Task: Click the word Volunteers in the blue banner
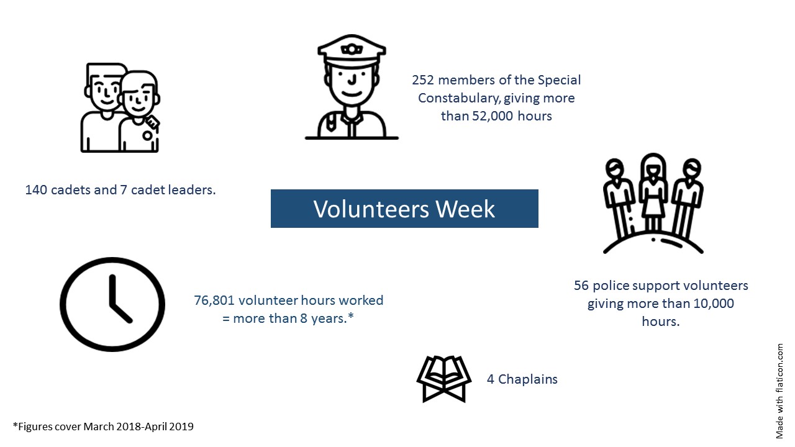point(371,209)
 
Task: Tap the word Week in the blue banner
point(465,209)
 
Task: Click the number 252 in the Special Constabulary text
point(423,80)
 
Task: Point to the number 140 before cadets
point(36,190)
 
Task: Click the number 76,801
point(214,300)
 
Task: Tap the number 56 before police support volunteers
point(581,286)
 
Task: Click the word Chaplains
point(528,379)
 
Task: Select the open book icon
point(444,379)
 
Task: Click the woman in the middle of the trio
point(653,193)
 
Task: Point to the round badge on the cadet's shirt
point(147,135)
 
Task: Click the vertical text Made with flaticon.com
point(779,391)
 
